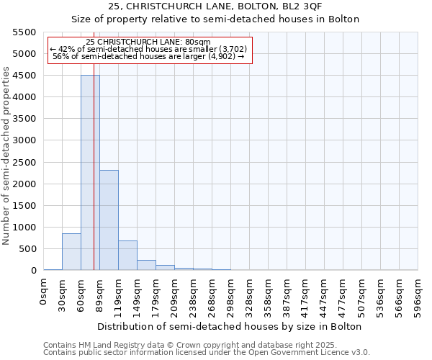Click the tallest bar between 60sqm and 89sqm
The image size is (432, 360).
point(90,173)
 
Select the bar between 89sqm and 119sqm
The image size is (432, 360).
point(109,220)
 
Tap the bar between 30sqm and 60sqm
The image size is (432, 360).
point(71,252)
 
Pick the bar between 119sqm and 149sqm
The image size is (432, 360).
point(127,256)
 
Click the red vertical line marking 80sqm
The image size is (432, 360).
point(94,180)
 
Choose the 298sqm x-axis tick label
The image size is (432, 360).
point(231,296)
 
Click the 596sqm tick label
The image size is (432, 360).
point(418,296)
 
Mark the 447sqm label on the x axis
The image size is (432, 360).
point(325,296)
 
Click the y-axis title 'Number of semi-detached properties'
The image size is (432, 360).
point(6,156)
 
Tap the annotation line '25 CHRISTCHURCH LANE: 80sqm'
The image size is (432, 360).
point(148,42)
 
